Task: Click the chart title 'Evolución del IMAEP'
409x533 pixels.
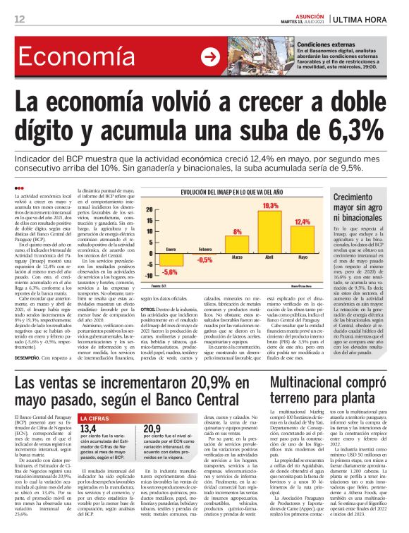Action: click(231, 191)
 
